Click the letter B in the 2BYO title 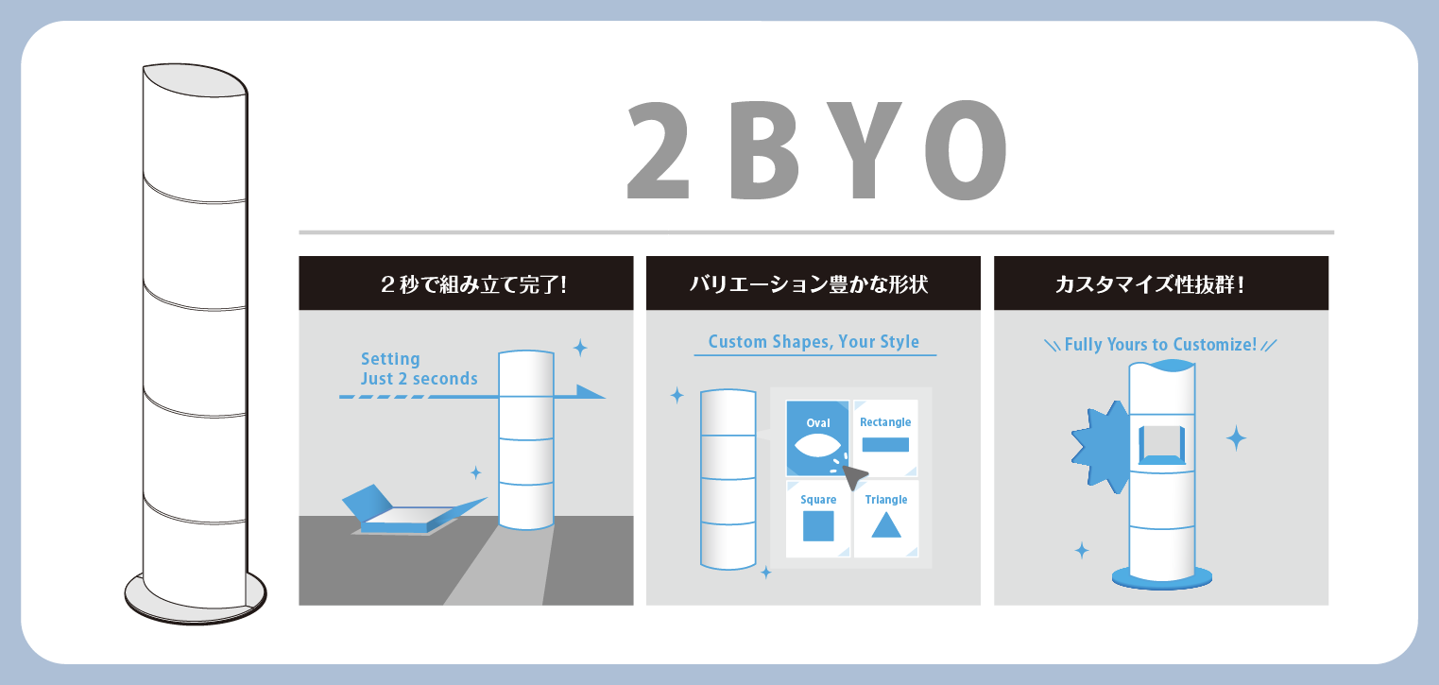(765, 150)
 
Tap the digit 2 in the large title (659, 150)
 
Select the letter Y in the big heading (863, 150)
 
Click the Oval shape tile (818, 437)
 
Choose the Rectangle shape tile (885, 437)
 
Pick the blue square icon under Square (818, 525)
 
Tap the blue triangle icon (886, 524)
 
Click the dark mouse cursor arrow (854, 477)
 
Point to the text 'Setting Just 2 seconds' (419, 368)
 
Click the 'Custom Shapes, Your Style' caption (814, 341)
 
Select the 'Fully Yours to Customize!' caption (1160, 345)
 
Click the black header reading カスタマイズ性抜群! (1161, 283)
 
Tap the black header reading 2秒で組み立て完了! (466, 283)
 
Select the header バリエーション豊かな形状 (814, 283)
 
